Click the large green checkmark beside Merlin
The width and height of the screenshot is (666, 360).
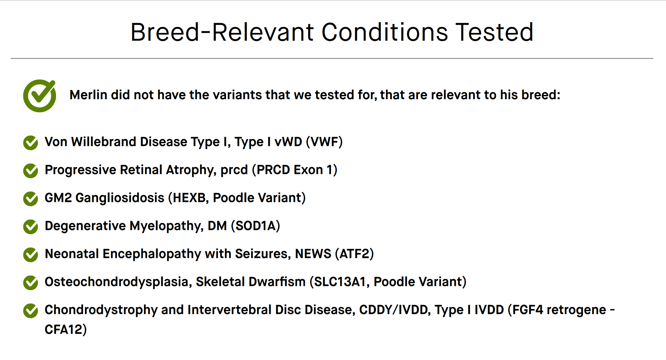40,96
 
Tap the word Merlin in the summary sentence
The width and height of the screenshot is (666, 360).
88,95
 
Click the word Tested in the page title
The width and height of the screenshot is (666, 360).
494,32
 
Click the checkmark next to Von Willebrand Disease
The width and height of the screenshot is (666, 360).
31,143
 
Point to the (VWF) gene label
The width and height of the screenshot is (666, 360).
324,142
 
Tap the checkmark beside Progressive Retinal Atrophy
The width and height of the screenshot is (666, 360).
31,171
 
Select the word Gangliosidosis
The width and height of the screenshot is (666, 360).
120,198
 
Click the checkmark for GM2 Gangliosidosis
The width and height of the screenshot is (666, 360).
31,199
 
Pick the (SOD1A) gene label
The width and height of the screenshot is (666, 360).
255,226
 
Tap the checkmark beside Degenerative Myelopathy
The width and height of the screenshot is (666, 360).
31,227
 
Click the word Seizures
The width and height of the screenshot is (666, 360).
263,254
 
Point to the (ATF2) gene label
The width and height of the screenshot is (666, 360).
354,254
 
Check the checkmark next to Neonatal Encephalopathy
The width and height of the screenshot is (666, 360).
31,255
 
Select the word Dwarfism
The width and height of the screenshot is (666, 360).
277,282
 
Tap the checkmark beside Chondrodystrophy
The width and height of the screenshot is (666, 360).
31,311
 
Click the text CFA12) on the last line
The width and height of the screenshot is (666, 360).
66,329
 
